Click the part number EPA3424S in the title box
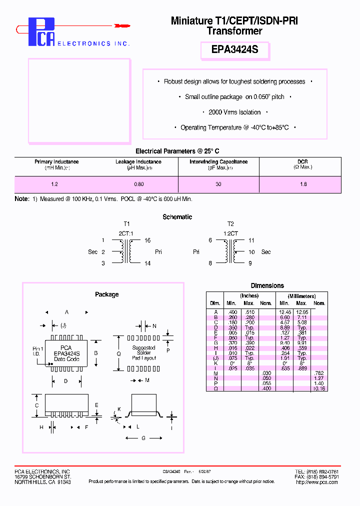pos(234,50)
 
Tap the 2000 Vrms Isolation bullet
pos(234,112)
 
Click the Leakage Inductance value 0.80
pos(138,184)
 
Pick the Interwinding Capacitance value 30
pos(218,184)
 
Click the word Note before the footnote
pos(22,199)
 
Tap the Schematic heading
pos(177,217)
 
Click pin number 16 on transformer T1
pos(147,240)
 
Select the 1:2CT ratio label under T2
pos(230,233)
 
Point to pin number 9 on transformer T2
pos(250,263)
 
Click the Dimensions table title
pos(267,285)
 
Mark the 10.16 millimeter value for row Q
pos(319,388)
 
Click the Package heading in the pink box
pos(106,294)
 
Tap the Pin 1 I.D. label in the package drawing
pos(38,351)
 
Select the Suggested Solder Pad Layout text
pos(144,352)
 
